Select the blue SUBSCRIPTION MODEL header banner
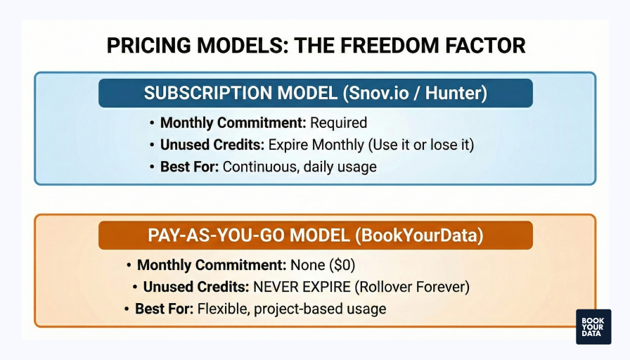pos(315,93)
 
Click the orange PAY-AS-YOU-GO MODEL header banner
pos(315,235)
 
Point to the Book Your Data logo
pos(593,326)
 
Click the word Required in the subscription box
pos(338,123)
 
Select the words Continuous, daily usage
pos(300,167)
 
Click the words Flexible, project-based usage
pos(292,309)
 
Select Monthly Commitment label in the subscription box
pos(233,123)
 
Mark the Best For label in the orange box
pos(165,309)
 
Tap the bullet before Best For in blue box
pos(153,167)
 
